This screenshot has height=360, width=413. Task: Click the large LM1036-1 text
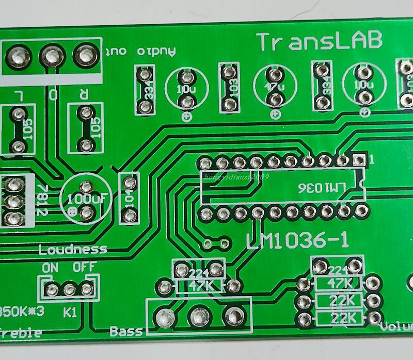(x=290, y=241)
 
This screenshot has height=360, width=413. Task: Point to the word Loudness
(x=73, y=250)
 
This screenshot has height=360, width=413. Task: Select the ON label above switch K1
(x=51, y=268)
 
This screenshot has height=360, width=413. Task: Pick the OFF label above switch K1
(x=84, y=268)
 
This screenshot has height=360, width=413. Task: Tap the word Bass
(x=126, y=331)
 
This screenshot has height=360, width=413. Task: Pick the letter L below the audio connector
(x=19, y=95)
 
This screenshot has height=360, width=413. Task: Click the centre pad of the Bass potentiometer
(x=198, y=317)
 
